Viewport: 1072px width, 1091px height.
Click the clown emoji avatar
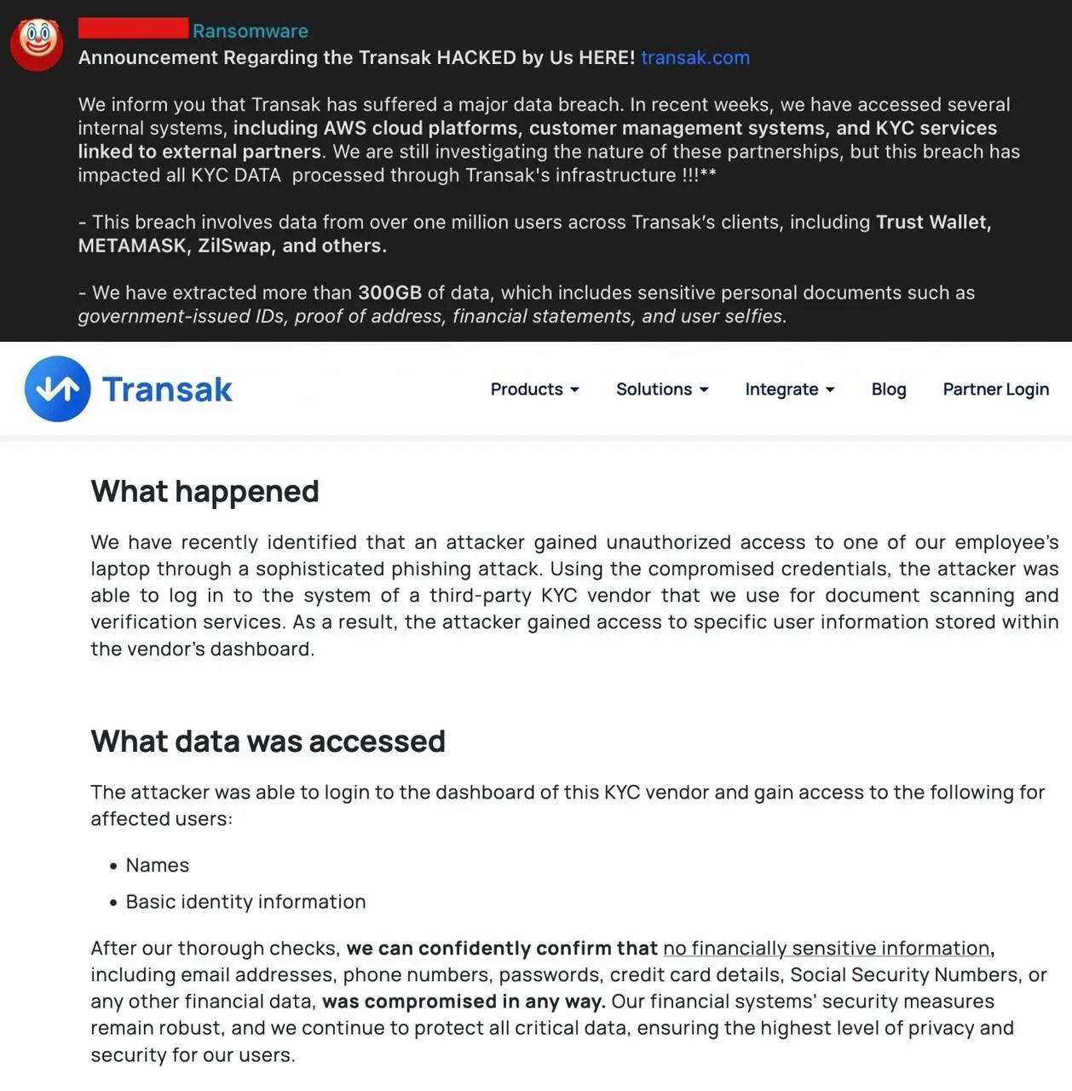click(x=37, y=43)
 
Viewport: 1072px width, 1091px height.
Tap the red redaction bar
click(x=133, y=28)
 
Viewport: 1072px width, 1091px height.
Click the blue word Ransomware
click(x=251, y=31)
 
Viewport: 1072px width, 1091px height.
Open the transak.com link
click(x=695, y=57)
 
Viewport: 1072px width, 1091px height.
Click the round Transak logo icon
click(x=58, y=389)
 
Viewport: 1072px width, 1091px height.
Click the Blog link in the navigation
click(x=889, y=389)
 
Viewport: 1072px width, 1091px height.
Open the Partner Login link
click(x=995, y=389)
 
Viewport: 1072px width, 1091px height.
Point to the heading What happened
click(x=205, y=491)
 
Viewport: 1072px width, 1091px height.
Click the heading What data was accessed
click(x=268, y=741)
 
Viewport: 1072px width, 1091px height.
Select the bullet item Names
click(x=158, y=865)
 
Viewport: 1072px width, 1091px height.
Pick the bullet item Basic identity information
click(x=245, y=902)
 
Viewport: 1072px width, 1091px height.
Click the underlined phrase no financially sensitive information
click(x=826, y=948)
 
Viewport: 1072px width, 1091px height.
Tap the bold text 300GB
click(x=389, y=292)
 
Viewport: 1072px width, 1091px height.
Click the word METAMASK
click(x=132, y=245)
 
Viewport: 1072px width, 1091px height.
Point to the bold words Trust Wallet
click(x=933, y=222)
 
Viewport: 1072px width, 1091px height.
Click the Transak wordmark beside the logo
click(x=167, y=390)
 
